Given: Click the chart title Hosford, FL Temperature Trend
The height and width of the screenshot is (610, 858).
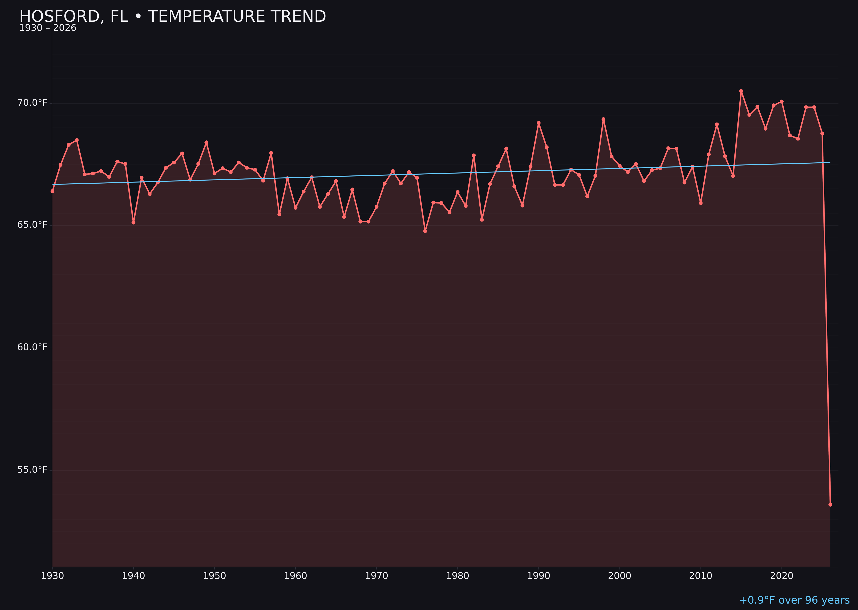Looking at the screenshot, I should pos(172,17).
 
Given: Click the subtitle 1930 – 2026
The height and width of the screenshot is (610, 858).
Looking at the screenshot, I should pos(48,28).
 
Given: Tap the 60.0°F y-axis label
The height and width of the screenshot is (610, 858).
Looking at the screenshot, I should pos(32,347).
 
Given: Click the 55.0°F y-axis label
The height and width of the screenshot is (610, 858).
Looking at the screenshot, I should pos(32,470).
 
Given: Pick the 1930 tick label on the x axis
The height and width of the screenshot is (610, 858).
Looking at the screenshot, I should pos(53,576).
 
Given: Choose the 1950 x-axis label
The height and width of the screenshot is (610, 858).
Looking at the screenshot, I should pos(214,576).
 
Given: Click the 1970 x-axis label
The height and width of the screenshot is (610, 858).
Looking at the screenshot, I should pos(376,576).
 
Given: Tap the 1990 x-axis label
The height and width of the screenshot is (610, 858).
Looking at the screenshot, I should pos(538,576).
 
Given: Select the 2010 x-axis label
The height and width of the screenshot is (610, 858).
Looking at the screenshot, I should pos(701,576).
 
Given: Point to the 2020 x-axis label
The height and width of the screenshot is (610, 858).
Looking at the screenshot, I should pos(781,576).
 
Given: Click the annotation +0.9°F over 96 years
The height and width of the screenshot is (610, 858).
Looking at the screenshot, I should pos(794,600).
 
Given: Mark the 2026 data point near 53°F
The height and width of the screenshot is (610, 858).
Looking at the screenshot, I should pos(830,504).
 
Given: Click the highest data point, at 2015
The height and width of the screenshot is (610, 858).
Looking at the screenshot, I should pos(741,91).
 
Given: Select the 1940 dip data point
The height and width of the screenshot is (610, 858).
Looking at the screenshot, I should pos(133,222).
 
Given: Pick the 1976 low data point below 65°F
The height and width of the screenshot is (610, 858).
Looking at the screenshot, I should pos(425,231).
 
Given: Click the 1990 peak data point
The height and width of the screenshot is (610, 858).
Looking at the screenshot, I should pos(538,123).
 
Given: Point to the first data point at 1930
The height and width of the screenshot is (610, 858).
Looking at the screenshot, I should pos(53,191).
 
